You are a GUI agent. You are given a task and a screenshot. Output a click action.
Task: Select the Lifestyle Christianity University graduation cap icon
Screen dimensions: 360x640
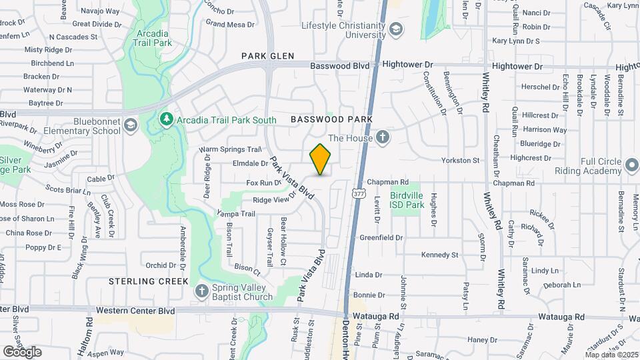click(x=397, y=29)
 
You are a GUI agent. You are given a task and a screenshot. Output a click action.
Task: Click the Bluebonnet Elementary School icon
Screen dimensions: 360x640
click(x=131, y=124)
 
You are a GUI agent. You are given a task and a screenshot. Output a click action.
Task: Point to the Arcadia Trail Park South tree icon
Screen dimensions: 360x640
click(x=167, y=119)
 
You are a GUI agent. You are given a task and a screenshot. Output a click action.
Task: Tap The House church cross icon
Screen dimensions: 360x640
click(x=382, y=138)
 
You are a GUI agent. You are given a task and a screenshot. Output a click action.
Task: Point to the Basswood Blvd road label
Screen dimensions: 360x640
click(x=339, y=65)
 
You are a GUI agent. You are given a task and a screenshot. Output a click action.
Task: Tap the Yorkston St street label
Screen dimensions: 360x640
click(x=461, y=160)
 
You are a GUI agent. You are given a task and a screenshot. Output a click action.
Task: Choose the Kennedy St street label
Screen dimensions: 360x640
click(x=440, y=255)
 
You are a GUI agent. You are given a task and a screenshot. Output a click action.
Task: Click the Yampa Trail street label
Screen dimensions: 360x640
click(x=236, y=213)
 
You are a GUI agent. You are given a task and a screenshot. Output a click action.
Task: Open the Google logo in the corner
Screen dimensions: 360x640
click(x=23, y=351)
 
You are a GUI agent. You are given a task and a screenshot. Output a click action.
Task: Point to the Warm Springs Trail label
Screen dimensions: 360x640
click(x=229, y=149)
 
